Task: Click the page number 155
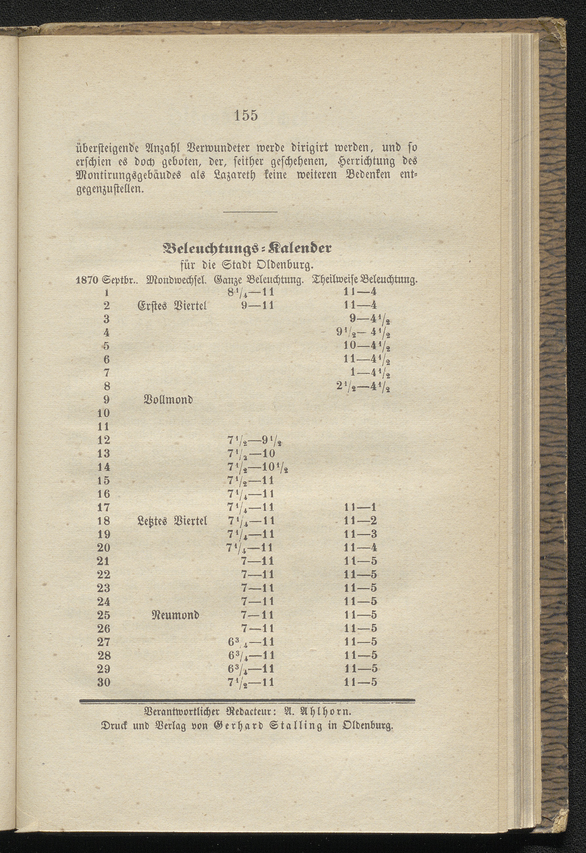(x=246, y=115)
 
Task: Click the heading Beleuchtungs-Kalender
(x=247, y=249)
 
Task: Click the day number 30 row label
(x=104, y=682)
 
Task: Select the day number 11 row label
(x=104, y=427)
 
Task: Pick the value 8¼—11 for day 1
(x=251, y=293)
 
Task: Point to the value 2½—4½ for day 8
(x=363, y=387)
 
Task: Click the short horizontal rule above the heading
(x=250, y=212)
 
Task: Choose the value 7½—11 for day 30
(x=251, y=682)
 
